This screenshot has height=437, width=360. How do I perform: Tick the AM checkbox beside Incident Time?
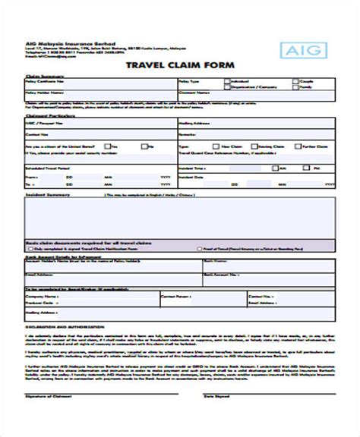[x=276, y=167]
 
